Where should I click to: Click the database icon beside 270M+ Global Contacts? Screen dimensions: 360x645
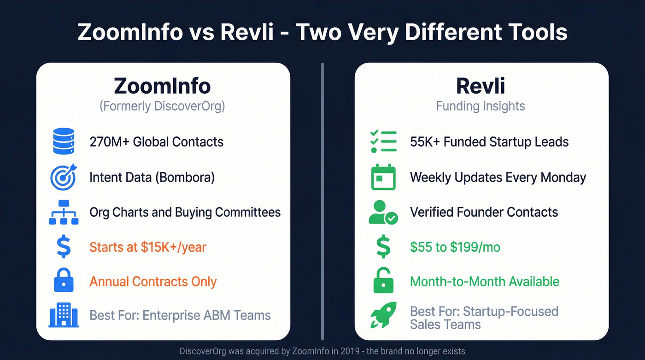point(64,141)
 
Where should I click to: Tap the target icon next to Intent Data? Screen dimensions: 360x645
point(64,177)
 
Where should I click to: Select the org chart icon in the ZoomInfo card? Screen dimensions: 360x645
point(64,212)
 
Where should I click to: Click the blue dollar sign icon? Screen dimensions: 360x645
point(64,247)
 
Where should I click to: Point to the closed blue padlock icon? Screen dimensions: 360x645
point(64,281)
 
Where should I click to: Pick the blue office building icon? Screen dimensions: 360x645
point(64,316)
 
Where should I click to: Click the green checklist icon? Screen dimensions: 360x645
point(383,141)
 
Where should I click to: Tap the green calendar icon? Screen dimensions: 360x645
point(383,177)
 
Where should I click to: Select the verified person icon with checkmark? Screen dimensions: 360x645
point(383,212)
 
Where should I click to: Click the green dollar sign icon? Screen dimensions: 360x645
point(383,247)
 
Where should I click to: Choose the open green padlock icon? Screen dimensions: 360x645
point(383,281)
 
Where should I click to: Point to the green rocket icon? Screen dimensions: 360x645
point(383,316)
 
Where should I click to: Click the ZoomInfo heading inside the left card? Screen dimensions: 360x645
point(162,86)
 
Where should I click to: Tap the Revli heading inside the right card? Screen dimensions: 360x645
point(481,86)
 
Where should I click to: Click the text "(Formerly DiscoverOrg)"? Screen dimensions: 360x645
point(162,106)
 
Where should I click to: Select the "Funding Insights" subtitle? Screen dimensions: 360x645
point(481,106)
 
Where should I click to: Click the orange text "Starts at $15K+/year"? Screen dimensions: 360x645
point(148,247)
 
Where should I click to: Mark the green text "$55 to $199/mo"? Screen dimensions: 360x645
point(455,247)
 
